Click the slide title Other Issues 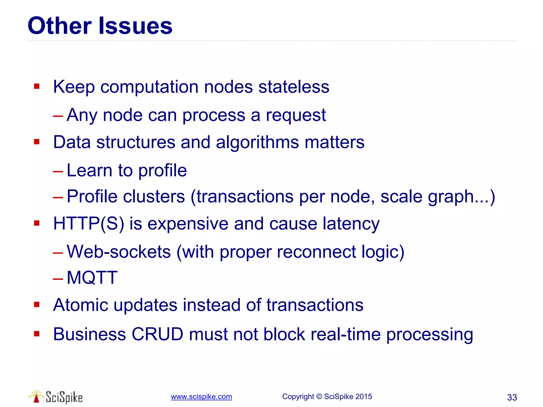pos(100,26)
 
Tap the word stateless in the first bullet pos(294,87)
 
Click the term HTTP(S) pos(89,224)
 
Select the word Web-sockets pos(119,252)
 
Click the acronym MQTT pos(92,278)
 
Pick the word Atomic pos(81,305)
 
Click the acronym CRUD pos(157,334)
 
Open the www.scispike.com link pos(201,397)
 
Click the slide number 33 pos(512,397)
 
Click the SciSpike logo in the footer pos(56,397)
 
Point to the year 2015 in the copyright pos(364,397)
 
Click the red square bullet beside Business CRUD pos(37,334)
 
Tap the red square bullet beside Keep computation pos(37,86)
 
